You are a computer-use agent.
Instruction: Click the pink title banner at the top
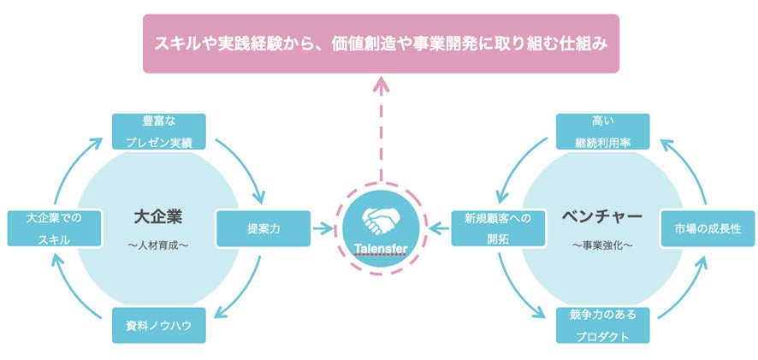click(380, 43)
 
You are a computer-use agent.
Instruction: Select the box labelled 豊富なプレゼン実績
click(159, 131)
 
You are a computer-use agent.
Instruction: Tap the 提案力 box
click(264, 228)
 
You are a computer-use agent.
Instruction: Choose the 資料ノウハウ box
click(159, 325)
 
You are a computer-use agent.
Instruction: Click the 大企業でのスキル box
click(53, 228)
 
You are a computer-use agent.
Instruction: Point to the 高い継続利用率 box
click(602, 131)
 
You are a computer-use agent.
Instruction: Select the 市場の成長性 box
click(707, 228)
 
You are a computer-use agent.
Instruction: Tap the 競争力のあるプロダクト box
click(602, 325)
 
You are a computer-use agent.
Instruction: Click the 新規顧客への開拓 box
click(497, 228)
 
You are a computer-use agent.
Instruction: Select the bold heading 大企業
click(159, 214)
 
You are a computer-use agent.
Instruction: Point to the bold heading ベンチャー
click(602, 214)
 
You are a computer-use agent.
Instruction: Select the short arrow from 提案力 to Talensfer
click(323, 228)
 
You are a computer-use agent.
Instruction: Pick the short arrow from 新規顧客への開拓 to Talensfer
click(439, 228)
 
